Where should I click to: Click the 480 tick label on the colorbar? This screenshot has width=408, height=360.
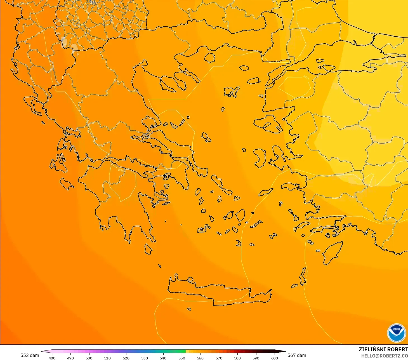pyautogui.click(x=52, y=358)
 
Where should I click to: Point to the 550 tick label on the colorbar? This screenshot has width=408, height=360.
pyautogui.click(x=182, y=358)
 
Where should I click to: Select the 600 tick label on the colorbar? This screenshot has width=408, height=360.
pyautogui.click(x=275, y=358)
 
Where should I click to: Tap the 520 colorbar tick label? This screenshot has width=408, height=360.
pyautogui.click(x=126, y=358)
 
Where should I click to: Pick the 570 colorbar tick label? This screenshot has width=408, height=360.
pyautogui.click(x=219, y=358)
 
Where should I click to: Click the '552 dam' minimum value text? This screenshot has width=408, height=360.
pyautogui.click(x=30, y=355)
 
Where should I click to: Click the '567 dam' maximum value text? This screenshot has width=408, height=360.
pyautogui.click(x=297, y=355)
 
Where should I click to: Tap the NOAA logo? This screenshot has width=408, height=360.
pyautogui.click(x=396, y=333)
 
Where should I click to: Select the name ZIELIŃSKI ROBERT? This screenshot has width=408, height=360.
pyautogui.click(x=383, y=349)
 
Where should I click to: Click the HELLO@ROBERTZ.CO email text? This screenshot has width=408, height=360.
pyautogui.click(x=385, y=356)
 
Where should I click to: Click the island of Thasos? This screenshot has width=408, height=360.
pyautogui.click(x=209, y=58)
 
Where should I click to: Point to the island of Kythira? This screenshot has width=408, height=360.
pyautogui.click(x=148, y=249)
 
